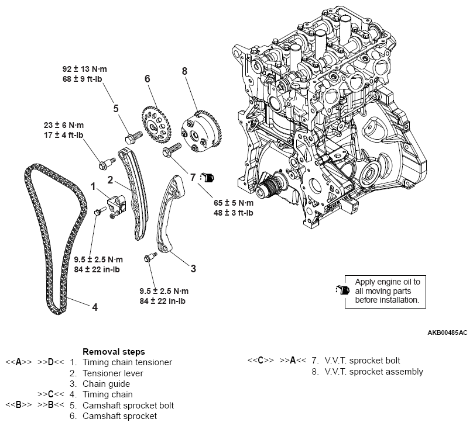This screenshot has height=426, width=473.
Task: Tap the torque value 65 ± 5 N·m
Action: (x=234, y=202)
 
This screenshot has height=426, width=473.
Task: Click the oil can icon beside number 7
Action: (x=208, y=176)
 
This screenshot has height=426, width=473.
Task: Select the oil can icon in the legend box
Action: (x=341, y=290)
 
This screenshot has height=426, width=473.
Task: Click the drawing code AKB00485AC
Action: (x=447, y=333)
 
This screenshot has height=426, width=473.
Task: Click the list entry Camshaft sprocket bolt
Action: (x=128, y=405)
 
